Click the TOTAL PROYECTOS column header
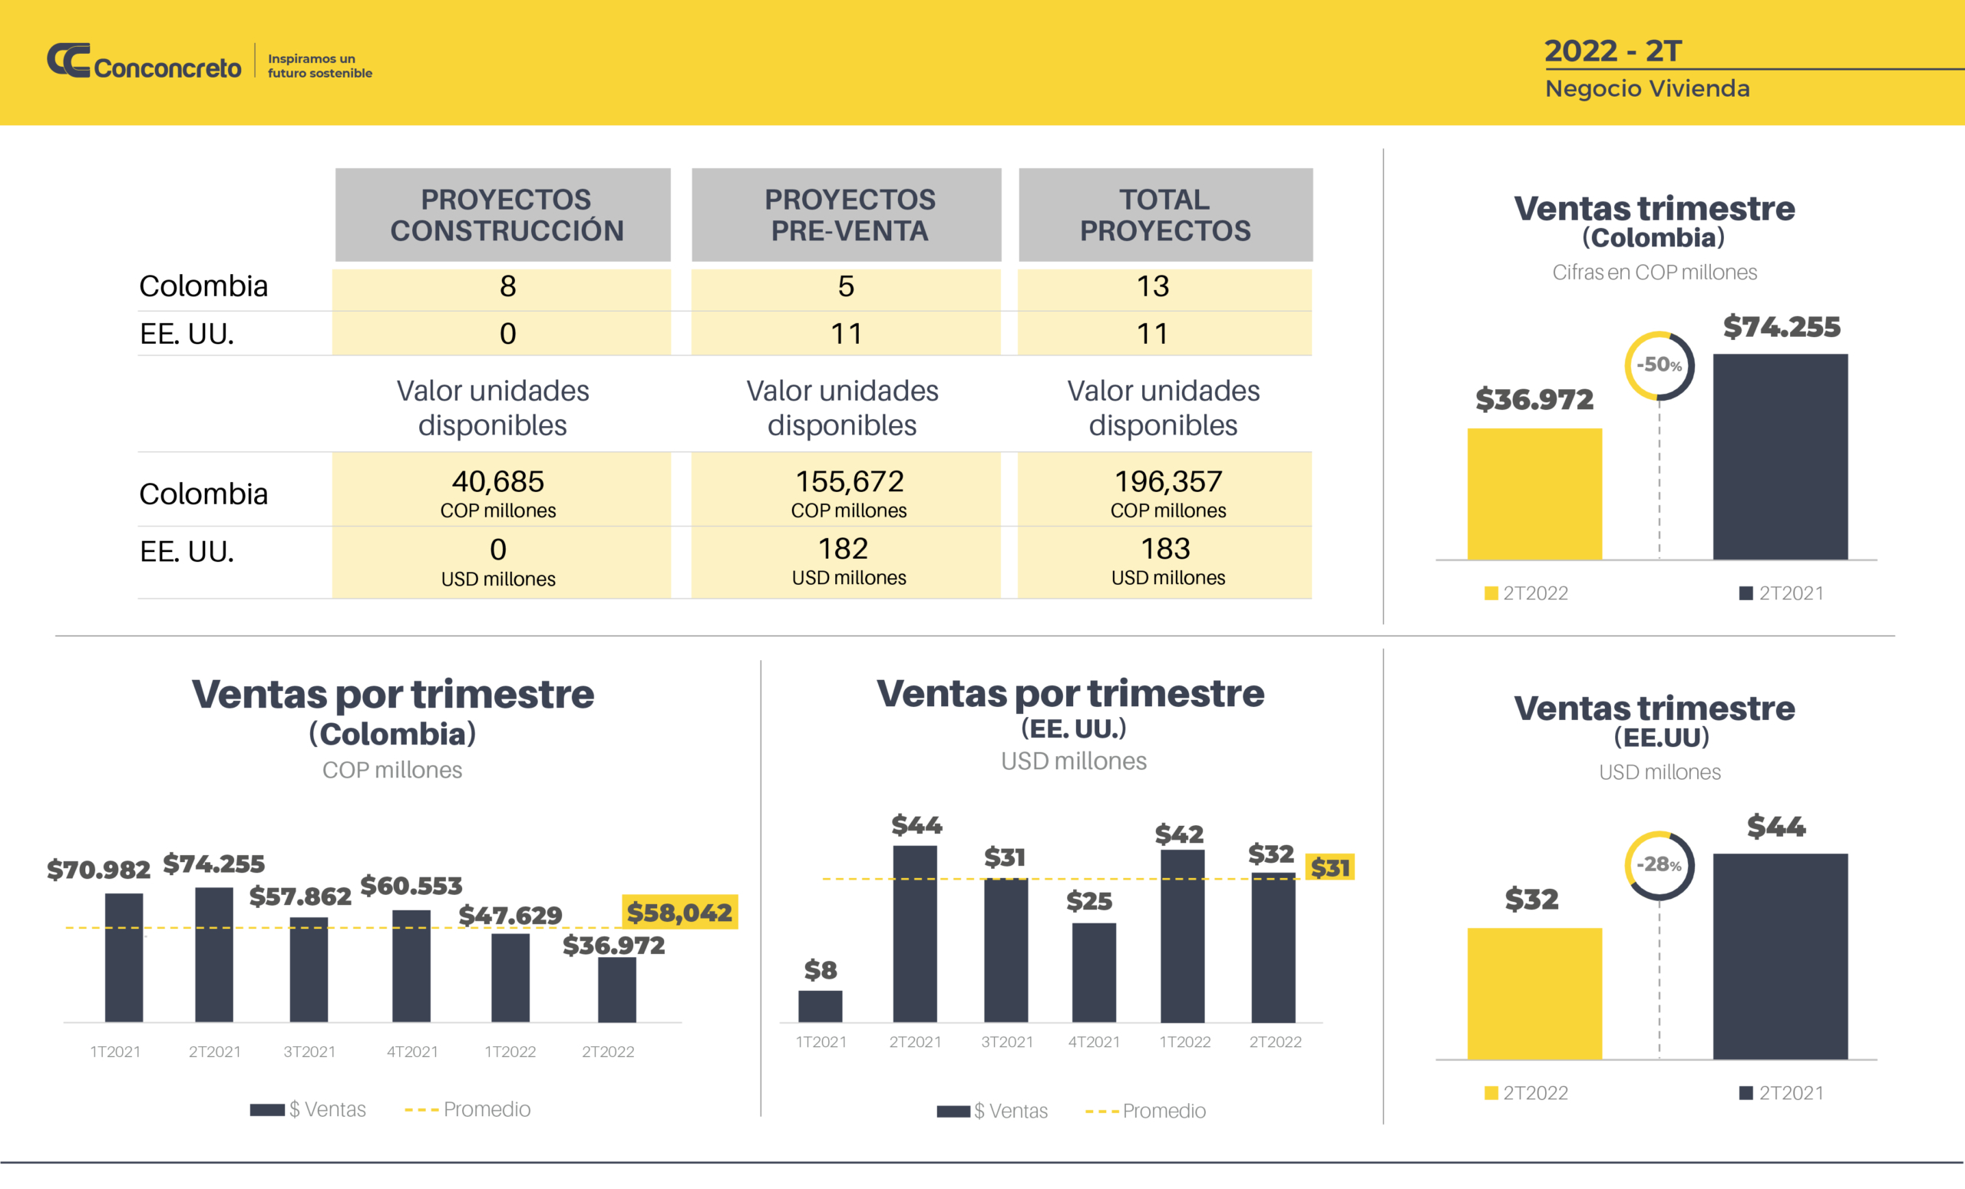coord(1165,214)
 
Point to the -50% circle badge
coord(1659,366)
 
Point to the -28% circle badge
coord(1659,865)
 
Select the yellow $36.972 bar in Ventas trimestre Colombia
coord(1534,494)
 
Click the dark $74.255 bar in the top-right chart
coord(1779,457)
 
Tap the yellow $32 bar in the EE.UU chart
coord(1534,993)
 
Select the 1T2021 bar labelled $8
coord(820,1006)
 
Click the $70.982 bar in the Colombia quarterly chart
coord(124,957)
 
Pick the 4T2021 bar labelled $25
coord(1093,973)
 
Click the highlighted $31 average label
coord(1329,867)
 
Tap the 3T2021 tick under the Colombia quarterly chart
coord(309,1052)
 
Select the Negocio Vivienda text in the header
coord(1646,88)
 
